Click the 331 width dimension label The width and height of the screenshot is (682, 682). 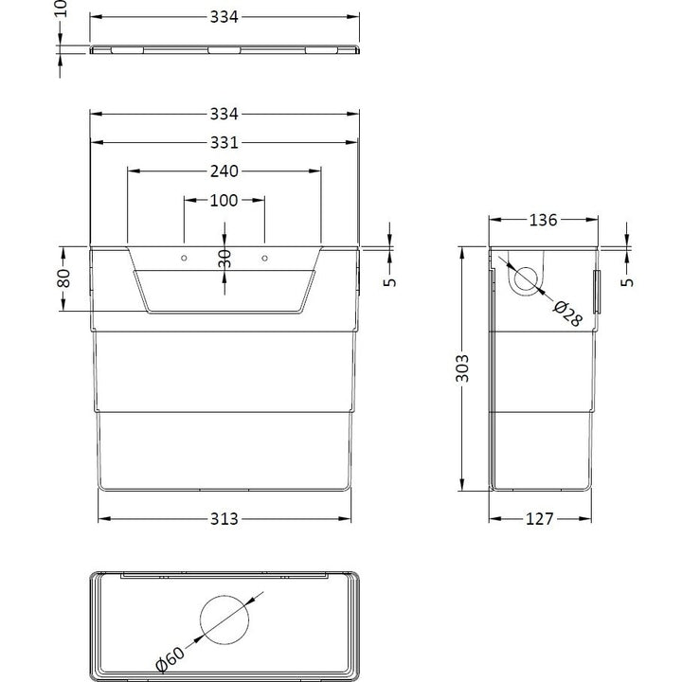tap(224, 143)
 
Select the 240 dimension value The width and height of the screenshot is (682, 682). tap(224, 171)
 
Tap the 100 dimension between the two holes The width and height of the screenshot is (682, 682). tap(224, 201)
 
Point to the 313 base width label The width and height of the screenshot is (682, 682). tap(224, 519)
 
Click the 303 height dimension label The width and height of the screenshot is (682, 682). tap(462, 368)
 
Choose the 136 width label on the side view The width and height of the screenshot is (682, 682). tap(543, 220)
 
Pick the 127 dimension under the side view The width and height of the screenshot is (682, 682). tap(539, 519)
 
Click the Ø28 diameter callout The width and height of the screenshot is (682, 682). tap(567, 313)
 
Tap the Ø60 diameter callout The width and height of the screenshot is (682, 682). tap(170, 659)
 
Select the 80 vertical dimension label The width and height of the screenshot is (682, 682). tap(63, 278)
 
